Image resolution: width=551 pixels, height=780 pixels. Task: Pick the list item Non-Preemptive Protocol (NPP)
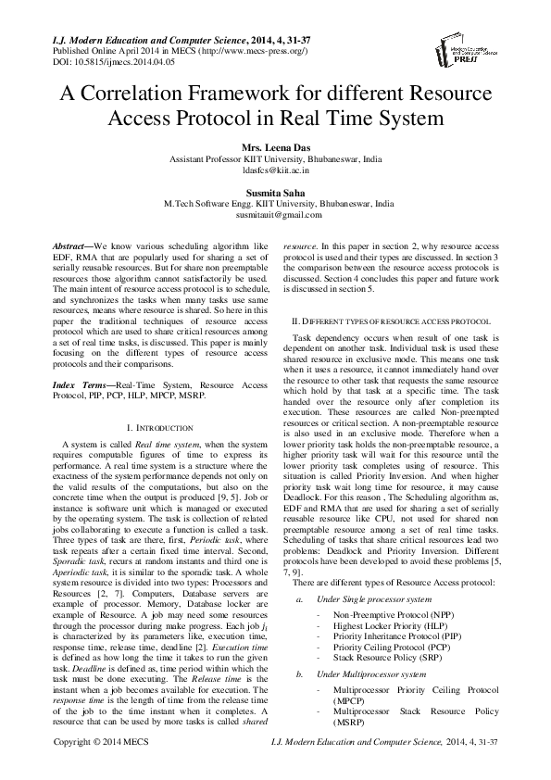[x=386, y=614]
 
